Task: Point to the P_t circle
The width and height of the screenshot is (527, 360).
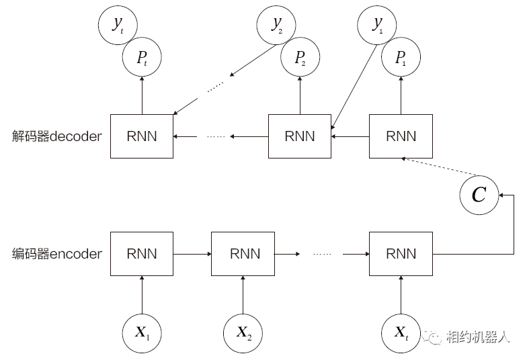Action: click(x=142, y=58)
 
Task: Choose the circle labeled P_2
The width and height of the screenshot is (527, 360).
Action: click(x=300, y=58)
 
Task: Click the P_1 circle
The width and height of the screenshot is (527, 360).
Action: click(x=401, y=58)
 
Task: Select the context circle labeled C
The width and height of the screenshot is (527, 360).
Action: click(x=479, y=195)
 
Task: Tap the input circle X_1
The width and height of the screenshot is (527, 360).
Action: click(x=142, y=332)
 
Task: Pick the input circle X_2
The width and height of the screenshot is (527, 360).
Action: click(x=243, y=332)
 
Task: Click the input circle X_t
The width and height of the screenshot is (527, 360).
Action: click(x=401, y=332)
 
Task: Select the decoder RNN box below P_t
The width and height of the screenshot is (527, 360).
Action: click(x=142, y=136)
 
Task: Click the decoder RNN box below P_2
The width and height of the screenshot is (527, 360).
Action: click(x=300, y=136)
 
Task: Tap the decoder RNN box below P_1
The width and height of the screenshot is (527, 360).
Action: click(x=401, y=136)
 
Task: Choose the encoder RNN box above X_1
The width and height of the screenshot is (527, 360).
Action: click(x=142, y=254)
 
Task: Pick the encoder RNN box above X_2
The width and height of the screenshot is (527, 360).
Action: click(x=243, y=254)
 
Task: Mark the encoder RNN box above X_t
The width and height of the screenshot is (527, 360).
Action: click(x=401, y=254)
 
